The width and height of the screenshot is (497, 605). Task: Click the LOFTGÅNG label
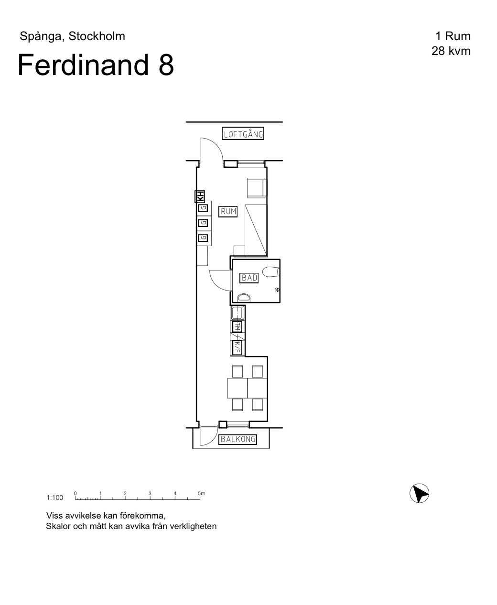(243, 134)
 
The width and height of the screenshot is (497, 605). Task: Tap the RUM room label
(228, 211)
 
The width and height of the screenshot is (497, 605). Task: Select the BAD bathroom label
(249, 278)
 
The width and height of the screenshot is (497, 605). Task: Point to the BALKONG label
(238, 439)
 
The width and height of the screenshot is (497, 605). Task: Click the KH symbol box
(200, 196)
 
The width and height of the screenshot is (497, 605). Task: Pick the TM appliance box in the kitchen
(238, 326)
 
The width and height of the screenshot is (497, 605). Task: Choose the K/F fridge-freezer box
(238, 348)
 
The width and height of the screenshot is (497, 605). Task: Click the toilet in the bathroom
(271, 272)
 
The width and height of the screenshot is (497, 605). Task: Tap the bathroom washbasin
(244, 298)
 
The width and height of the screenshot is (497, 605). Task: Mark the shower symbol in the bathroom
(277, 290)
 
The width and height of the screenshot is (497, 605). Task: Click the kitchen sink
(238, 313)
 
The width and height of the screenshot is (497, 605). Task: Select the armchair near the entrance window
(257, 188)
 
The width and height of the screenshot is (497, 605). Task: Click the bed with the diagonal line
(256, 230)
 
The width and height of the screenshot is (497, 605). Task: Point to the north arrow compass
(419, 494)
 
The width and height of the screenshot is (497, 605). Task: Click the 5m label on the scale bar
(202, 493)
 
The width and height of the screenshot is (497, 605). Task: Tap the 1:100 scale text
(55, 497)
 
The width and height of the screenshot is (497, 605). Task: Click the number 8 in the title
(166, 65)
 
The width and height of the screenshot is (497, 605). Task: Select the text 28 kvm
(451, 51)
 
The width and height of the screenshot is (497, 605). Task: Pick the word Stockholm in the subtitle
(97, 36)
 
